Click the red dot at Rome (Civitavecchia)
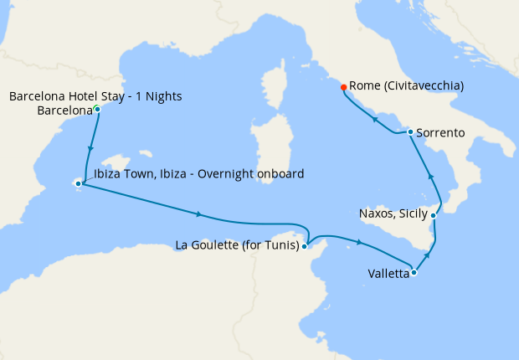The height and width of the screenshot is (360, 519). tap(343, 86)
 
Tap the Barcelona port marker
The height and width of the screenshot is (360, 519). tap(98, 110)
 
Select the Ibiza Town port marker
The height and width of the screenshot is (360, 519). tap(78, 183)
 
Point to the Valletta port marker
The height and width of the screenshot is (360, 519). tap(414, 272)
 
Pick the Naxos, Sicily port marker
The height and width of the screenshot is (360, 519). tap(433, 215)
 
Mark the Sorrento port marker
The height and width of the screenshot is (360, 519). tap(409, 131)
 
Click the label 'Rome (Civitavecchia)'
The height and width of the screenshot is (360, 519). tap(407, 85)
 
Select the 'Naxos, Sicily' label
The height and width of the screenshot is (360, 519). tap(393, 213)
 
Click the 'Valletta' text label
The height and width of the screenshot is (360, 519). tap(388, 274)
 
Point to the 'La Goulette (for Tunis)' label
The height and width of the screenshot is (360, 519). tap(238, 245)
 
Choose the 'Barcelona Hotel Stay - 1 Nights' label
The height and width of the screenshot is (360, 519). tap(95, 96)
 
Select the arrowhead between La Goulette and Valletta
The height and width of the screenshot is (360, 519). tap(359, 243)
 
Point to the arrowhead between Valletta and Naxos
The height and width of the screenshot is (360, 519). tap(429, 254)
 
